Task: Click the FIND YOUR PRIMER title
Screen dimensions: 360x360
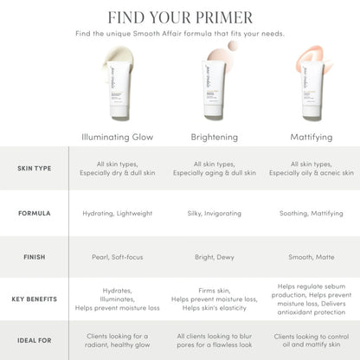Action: tap(180, 17)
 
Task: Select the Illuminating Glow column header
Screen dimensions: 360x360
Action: tap(117, 137)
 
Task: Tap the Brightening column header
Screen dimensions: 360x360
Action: tap(214, 137)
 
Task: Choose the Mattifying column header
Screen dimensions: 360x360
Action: tap(309, 137)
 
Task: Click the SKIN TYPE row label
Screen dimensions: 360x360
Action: tap(35, 168)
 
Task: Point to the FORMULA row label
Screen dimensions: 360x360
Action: tap(35, 212)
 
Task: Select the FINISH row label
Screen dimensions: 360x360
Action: tap(35, 257)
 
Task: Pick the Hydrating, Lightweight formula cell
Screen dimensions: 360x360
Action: tap(117, 212)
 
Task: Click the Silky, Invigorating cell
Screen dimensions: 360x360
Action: tap(214, 212)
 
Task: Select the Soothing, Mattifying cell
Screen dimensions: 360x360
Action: tap(309, 212)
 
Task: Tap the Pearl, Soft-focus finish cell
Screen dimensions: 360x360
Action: tap(117, 257)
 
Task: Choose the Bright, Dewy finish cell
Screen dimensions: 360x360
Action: tap(214, 257)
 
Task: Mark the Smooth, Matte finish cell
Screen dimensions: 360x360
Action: tap(309, 257)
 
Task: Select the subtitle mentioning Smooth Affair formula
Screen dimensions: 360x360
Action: tap(180, 34)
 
